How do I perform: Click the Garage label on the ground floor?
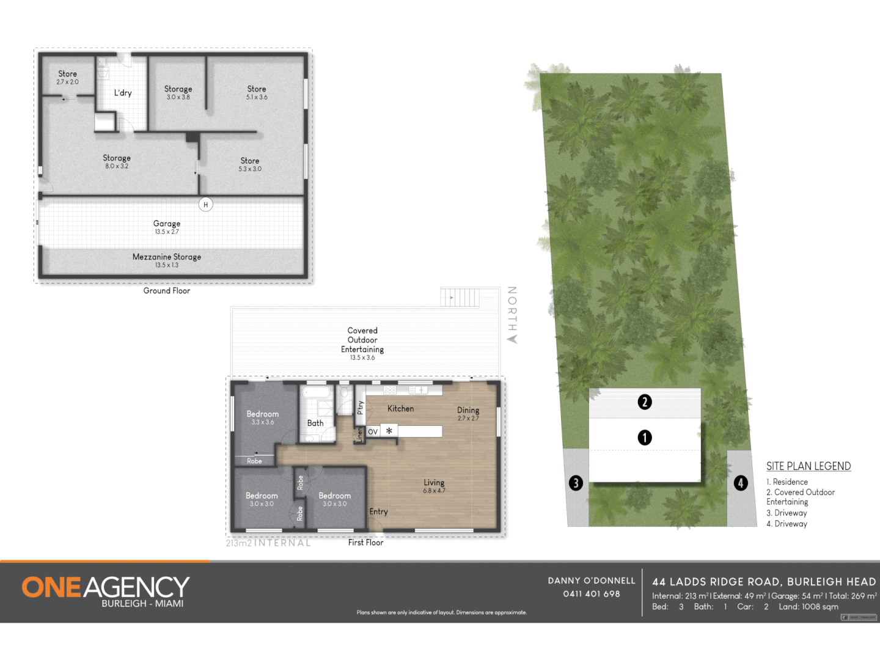click(x=167, y=224)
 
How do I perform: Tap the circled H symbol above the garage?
click(x=206, y=205)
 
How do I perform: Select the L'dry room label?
click(x=123, y=93)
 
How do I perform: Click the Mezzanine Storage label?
click(x=167, y=257)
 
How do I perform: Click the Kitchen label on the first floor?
click(x=400, y=409)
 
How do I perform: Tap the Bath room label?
click(x=315, y=423)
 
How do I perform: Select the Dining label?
click(x=468, y=411)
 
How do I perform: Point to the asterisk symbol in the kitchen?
click(x=389, y=431)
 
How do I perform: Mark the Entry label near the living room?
click(x=378, y=512)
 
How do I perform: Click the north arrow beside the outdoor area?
click(x=512, y=339)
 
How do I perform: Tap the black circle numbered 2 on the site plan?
click(x=645, y=402)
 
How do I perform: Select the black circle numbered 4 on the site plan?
click(x=741, y=483)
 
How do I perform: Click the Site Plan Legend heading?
click(x=809, y=466)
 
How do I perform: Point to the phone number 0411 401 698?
click(x=592, y=594)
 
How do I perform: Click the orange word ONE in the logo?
click(x=51, y=588)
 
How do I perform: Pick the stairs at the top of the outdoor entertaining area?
click(x=460, y=298)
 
